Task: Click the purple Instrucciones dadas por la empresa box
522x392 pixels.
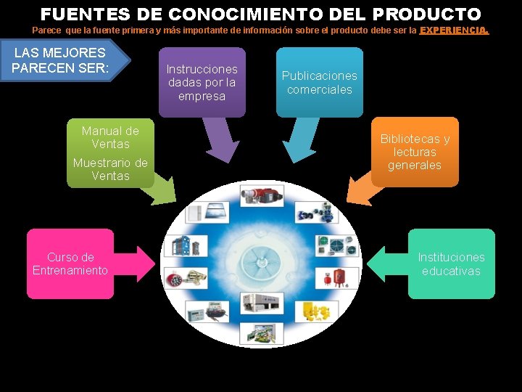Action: [x=202, y=82]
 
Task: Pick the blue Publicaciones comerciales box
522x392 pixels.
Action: [x=319, y=82]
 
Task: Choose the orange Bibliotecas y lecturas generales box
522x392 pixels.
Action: [x=415, y=152]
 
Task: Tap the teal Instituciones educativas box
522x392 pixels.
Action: [x=451, y=264]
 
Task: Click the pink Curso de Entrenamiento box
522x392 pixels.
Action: [x=70, y=264]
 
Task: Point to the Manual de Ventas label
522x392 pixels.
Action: [x=110, y=137]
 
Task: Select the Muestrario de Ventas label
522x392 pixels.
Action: [x=110, y=169]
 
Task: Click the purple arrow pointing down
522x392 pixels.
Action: [x=222, y=139]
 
